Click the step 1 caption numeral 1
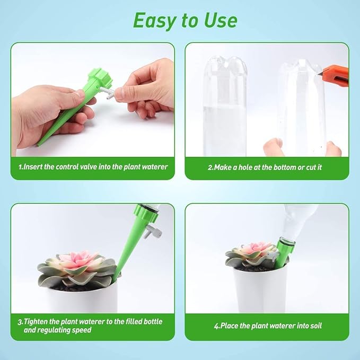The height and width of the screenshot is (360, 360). [x=20, y=166]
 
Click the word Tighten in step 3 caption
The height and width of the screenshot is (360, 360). [x=38, y=321]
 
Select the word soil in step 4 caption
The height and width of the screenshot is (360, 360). [x=314, y=326]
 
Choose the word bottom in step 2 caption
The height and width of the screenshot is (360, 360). [x=287, y=166]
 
